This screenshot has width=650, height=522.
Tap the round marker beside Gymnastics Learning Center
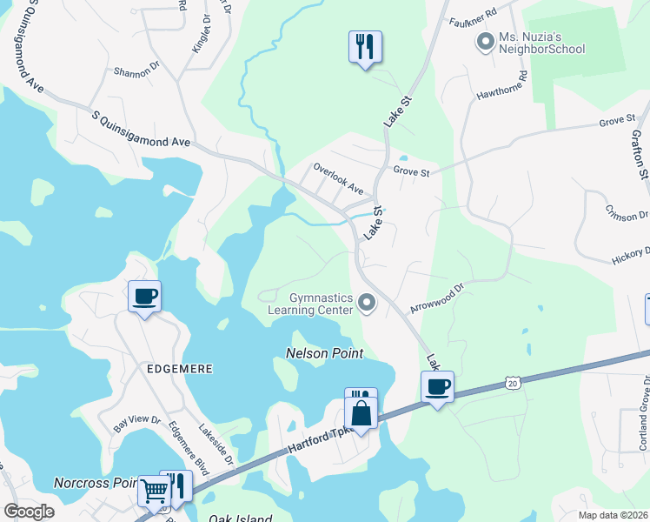(x=367, y=304)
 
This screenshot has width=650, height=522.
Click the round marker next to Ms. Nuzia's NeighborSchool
(x=483, y=40)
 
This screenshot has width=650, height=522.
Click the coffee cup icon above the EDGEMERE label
(x=144, y=297)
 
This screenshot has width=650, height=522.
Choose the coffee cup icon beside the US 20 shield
(x=438, y=385)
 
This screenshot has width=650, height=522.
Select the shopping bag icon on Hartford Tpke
(x=361, y=412)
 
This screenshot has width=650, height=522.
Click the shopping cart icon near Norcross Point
(x=154, y=490)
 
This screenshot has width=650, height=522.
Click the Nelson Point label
(x=325, y=354)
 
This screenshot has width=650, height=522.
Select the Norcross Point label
(x=95, y=482)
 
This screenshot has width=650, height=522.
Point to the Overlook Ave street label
(x=338, y=180)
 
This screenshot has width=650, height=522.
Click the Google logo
(x=30, y=512)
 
